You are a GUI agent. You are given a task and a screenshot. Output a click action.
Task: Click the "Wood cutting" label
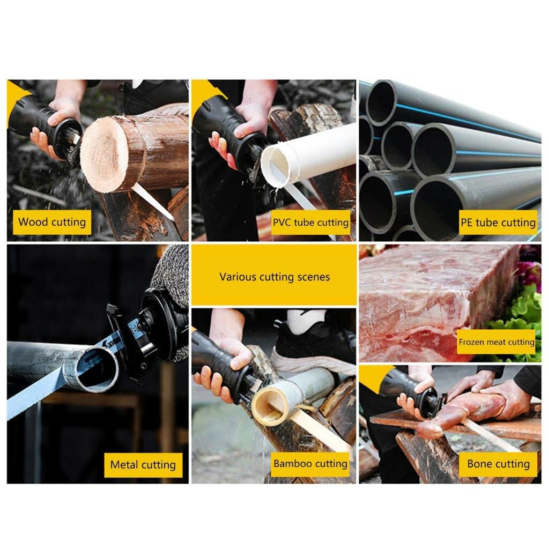tap(52, 222)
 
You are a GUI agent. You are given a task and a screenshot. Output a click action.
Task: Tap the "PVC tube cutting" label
tap(310, 222)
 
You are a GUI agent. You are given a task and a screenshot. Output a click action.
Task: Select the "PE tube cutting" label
tap(498, 222)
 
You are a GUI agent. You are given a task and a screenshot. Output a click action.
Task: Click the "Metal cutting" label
tap(143, 465)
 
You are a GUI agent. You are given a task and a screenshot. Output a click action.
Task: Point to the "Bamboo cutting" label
tap(310, 464)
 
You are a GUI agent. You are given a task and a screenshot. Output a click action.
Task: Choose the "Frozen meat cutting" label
tap(496, 342)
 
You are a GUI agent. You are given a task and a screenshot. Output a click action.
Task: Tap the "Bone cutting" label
tap(498, 464)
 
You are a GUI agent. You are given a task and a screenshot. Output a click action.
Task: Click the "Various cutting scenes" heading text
tap(274, 277)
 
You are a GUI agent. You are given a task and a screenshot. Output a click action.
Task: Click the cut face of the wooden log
tap(105, 154)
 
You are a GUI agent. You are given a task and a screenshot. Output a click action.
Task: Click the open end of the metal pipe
tap(98, 369)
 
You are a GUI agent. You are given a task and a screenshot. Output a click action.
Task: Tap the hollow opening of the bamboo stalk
tap(269, 407)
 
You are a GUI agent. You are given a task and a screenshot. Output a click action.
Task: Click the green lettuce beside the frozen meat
tap(518, 315)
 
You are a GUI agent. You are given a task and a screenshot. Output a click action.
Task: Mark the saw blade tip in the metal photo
tap(9, 417)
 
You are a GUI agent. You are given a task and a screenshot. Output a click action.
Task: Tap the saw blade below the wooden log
tap(153, 202)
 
